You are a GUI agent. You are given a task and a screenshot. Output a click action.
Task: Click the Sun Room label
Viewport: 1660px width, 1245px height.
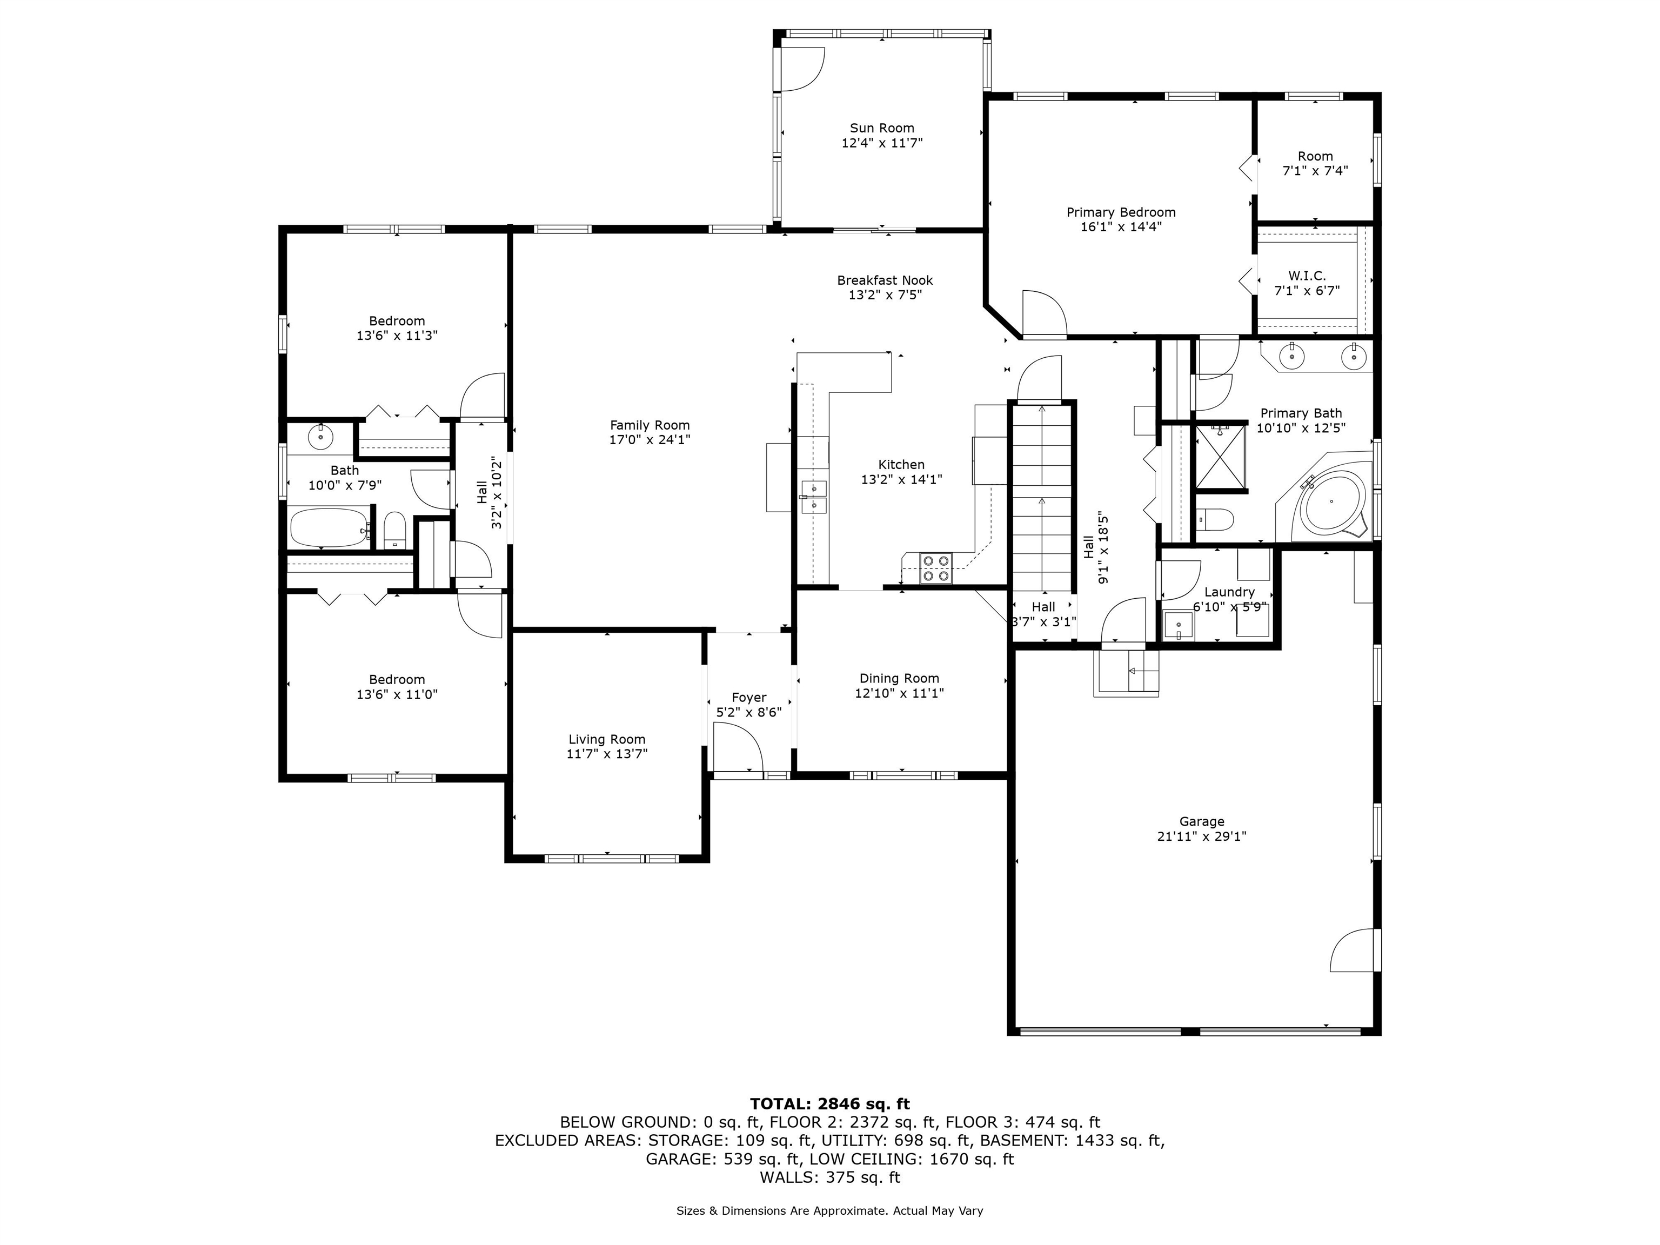(x=882, y=128)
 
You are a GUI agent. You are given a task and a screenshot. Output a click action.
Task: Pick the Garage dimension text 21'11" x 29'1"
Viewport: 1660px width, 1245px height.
(x=1201, y=836)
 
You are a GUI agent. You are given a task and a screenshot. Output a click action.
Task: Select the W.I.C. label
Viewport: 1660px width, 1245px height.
(x=1307, y=276)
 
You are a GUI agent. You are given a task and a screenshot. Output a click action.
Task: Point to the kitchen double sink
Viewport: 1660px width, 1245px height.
(x=813, y=497)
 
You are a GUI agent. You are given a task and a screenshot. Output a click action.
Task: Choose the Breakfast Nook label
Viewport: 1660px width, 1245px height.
(x=885, y=280)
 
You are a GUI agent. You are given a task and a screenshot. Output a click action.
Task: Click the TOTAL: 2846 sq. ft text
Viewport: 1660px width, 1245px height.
(x=830, y=1104)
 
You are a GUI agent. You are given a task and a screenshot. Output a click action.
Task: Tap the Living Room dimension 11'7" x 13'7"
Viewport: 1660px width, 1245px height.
(x=606, y=753)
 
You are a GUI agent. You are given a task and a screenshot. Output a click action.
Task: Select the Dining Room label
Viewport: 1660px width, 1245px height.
(x=899, y=678)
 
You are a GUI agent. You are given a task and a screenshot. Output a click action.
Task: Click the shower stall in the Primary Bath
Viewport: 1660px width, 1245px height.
(x=1221, y=457)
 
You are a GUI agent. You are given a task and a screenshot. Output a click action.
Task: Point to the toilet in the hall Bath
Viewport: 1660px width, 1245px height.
(x=395, y=531)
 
